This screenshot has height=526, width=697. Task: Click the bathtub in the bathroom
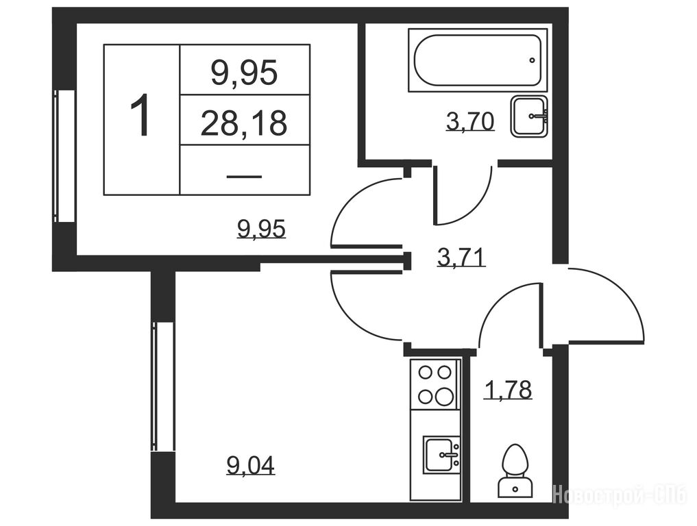(x=478, y=60)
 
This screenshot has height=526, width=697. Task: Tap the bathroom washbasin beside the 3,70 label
(x=529, y=116)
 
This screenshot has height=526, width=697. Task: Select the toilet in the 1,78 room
(x=515, y=471)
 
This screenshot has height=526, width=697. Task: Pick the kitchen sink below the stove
(x=441, y=455)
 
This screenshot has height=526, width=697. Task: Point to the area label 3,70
(x=470, y=122)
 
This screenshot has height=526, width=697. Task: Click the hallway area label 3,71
(x=461, y=258)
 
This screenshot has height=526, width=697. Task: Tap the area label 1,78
(x=508, y=390)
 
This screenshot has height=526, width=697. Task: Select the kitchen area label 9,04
(x=251, y=465)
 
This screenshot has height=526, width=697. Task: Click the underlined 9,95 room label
(x=261, y=229)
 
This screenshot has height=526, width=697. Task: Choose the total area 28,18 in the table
(x=243, y=123)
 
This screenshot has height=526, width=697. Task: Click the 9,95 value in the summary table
(x=244, y=73)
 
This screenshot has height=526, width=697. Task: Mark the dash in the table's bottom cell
(x=244, y=177)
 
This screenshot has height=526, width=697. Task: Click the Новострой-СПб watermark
(x=619, y=494)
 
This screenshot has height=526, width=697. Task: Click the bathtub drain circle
(x=532, y=60)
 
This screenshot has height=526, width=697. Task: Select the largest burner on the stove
(x=443, y=395)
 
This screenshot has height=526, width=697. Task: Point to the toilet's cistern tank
(x=515, y=488)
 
